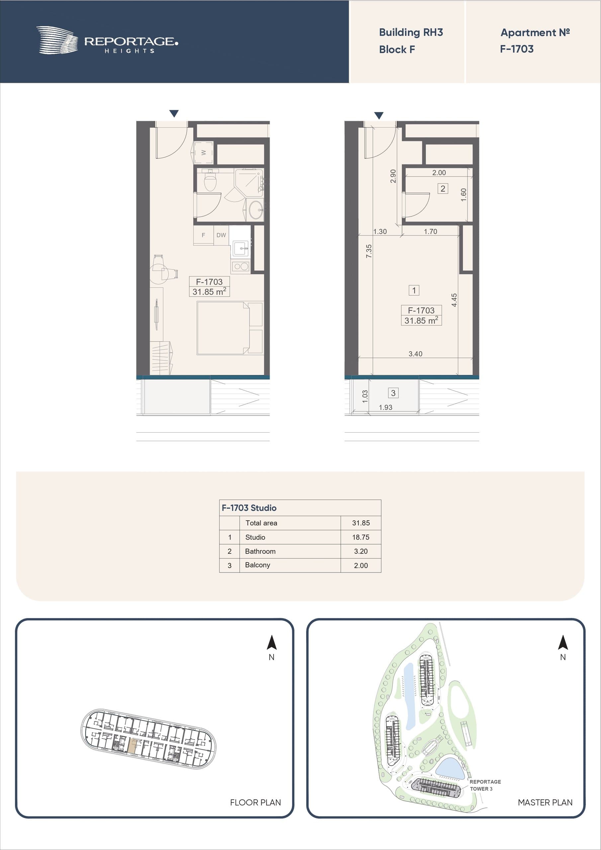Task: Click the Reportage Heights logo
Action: pos(107,41)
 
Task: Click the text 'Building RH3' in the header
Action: pos(411,33)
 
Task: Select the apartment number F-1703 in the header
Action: pos(517,49)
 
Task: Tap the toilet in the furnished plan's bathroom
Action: pos(210,180)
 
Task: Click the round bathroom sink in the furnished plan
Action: pos(256,210)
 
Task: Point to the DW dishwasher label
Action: pos(221,235)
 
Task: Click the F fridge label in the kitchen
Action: pos(203,235)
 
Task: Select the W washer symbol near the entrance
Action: pos(203,152)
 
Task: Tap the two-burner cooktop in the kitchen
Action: pos(241,266)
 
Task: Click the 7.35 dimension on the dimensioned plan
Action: pos(369,251)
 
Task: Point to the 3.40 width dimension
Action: pos(415,354)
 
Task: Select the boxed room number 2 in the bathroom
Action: pos(443,189)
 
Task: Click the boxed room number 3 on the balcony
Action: pos(393,393)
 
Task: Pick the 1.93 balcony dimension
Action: pos(386,407)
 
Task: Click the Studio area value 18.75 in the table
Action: pos(361,537)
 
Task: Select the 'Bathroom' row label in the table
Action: pos(260,551)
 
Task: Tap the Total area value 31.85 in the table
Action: pos(361,523)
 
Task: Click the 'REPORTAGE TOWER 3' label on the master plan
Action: pos(485,785)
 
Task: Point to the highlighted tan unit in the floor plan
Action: pos(132,744)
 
